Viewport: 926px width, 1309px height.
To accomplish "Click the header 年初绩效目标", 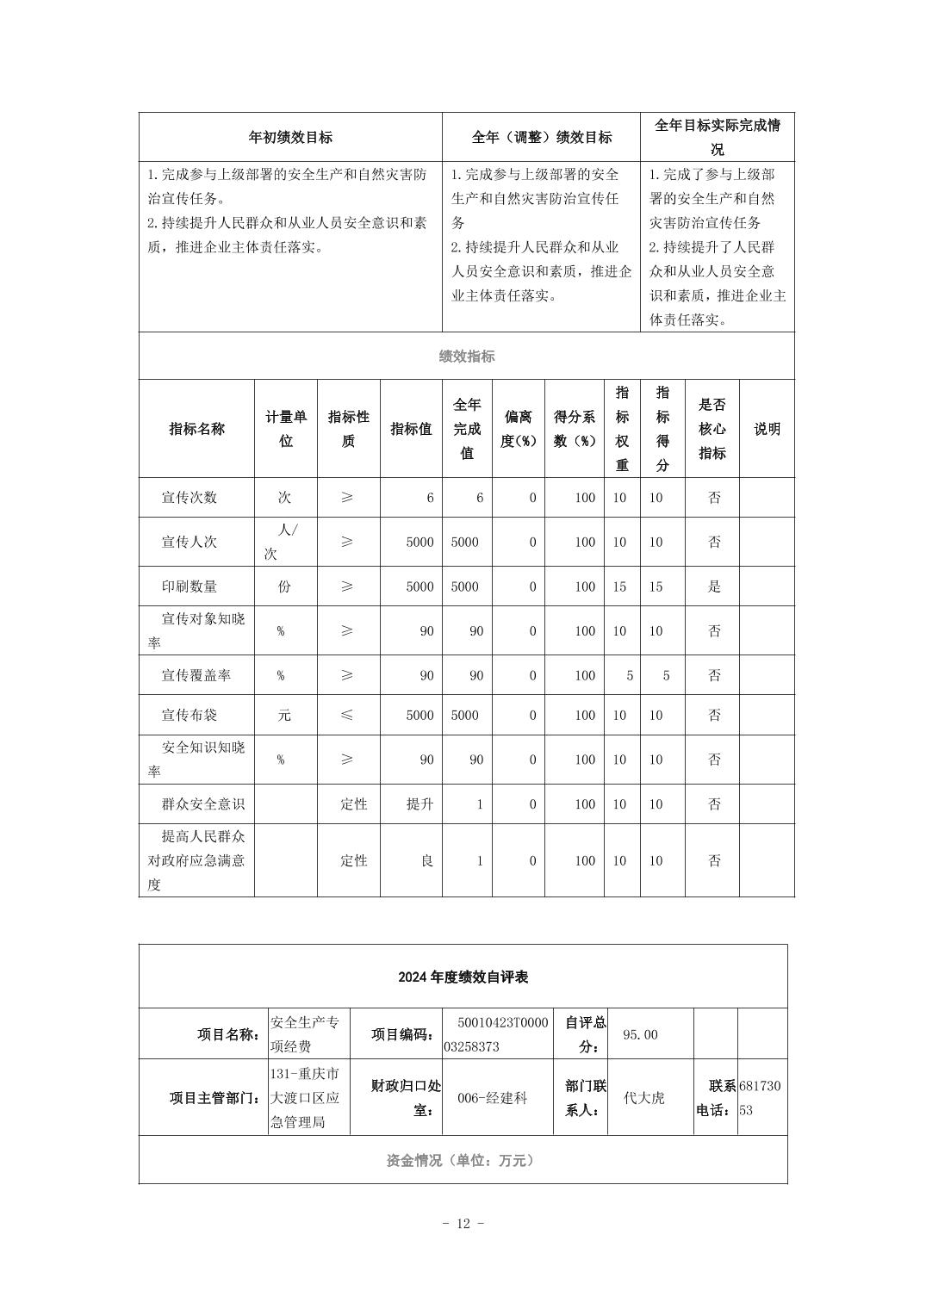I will (290, 137).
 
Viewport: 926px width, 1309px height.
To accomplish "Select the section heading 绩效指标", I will (467, 356).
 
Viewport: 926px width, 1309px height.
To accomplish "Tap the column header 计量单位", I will (286, 428).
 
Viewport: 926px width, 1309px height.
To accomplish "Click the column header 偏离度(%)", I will (519, 428).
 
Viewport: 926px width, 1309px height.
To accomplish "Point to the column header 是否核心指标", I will (712, 428).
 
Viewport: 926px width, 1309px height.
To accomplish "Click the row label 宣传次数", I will (190, 497).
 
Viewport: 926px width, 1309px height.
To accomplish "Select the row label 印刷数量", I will (190, 586).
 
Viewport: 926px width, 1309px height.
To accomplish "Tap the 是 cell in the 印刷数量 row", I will (713, 586).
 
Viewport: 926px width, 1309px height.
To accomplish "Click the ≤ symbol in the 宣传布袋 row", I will (346, 715).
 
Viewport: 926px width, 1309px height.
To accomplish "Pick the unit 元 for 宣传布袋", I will (284, 715).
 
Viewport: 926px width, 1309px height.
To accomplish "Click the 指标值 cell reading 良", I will (426, 860).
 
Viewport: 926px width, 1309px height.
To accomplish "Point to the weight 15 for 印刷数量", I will (619, 586).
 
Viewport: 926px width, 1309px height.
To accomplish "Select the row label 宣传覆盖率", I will (196, 675).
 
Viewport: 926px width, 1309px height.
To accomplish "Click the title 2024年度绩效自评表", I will (463, 977).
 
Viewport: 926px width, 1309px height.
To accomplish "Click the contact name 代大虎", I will (644, 1098).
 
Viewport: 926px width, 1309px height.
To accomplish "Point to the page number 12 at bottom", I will (463, 1224).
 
